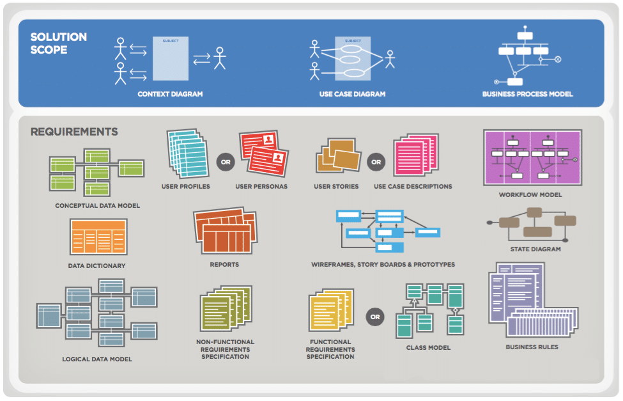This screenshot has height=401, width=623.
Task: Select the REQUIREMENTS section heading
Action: [x=74, y=132]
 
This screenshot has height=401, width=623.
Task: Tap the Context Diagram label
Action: [x=170, y=94]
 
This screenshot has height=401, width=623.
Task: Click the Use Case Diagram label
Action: [x=352, y=94]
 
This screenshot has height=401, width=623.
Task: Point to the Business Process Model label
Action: [x=527, y=94]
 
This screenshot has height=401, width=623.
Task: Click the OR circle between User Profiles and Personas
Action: [x=225, y=162]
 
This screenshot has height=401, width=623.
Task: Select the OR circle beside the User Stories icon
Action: [x=376, y=162]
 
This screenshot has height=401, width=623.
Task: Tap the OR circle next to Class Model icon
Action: [x=375, y=317]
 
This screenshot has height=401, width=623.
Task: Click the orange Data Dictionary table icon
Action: [x=98, y=237]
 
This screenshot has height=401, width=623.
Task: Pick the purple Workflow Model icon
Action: [x=532, y=157]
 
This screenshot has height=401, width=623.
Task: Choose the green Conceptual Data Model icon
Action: [x=96, y=171]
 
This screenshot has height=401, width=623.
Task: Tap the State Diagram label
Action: [x=535, y=249]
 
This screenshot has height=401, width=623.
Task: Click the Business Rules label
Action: [x=532, y=347]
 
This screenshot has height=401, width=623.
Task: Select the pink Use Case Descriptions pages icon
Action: [x=415, y=155]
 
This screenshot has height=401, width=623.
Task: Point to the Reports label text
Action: [x=224, y=264]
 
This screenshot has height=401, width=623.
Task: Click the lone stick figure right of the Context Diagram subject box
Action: [x=220, y=58]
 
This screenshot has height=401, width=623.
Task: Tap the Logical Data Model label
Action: [x=97, y=359]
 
